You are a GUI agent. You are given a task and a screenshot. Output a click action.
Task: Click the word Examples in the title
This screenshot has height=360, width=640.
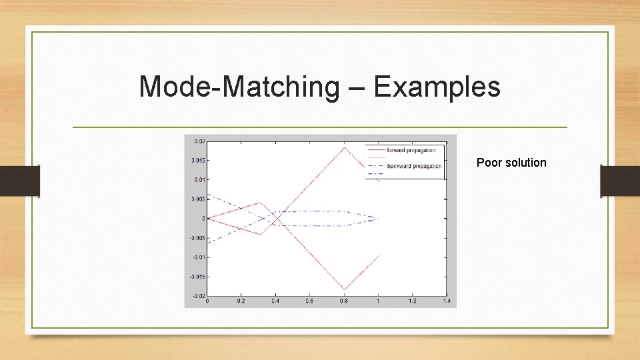(x=437, y=87)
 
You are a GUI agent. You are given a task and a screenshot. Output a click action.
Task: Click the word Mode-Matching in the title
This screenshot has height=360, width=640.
(x=239, y=87)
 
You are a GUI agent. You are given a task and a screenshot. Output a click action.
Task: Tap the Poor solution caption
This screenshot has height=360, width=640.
(x=511, y=163)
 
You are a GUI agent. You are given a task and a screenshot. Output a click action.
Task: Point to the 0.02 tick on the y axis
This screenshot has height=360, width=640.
(x=198, y=141)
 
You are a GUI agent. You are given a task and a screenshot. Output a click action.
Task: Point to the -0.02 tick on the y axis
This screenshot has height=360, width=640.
(x=197, y=295)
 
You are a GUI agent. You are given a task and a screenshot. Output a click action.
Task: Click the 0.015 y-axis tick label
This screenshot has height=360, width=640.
(x=197, y=161)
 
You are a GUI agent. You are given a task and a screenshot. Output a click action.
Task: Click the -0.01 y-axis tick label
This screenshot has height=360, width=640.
(x=197, y=257)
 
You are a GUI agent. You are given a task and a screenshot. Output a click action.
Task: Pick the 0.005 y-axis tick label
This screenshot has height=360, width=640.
(x=197, y=199)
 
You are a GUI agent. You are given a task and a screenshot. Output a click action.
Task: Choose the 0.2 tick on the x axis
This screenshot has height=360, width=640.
(x=241, y=302)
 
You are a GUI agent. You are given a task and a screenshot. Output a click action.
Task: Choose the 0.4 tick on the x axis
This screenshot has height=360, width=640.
(x=275, y=302)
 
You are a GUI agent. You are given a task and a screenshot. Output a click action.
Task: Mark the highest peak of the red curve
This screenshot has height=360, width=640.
(x=344, y=147)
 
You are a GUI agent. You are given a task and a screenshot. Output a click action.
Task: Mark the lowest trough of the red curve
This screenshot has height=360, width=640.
(x=344, y=289)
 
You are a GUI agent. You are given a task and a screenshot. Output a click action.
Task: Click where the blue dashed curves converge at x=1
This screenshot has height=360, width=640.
(x=378, y=218)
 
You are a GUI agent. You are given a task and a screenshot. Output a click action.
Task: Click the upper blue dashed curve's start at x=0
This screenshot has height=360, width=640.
(x=208, y=194)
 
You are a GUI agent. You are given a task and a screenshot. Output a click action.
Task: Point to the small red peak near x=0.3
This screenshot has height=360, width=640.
(x=259, y=203)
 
